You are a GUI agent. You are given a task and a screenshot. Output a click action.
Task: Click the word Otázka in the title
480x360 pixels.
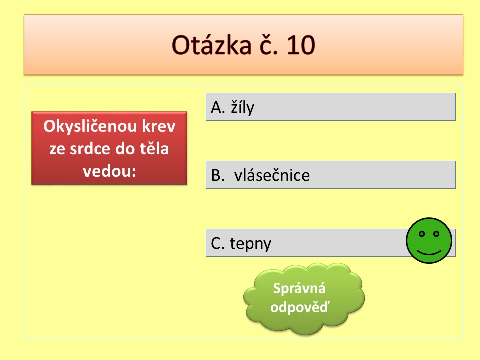pyautogui.click(x=211, y=45)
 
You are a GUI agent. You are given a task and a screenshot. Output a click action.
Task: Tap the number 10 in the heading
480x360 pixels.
pyautogui.click(x=301, y=45)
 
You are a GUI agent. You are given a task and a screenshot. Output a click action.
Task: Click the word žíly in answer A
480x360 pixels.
pyautogui.click(x=243, y=107)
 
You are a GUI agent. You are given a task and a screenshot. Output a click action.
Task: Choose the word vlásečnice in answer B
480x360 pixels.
pyautogui.click(x=272, y=175)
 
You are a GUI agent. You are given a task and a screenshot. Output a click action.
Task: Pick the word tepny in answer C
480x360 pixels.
pyautogui.click(x=250, y=244)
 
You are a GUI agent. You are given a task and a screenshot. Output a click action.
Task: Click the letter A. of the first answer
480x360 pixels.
pyautogui.click(x=218, y=107)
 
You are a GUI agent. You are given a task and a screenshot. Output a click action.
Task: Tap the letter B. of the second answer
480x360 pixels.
pyautogui.click(x=218, y=175)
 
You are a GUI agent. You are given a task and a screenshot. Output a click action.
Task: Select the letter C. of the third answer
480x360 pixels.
pyautogui.click(x=218, y=243)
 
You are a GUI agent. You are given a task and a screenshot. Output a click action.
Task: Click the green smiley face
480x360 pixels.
pyautogui.click(x=429, y=240)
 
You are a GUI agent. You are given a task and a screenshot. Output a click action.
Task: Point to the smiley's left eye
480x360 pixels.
pyautogui.click(x=422, y=234)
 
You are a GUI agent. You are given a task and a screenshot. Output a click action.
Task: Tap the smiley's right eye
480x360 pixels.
pyautogui.click(x=436, y=234)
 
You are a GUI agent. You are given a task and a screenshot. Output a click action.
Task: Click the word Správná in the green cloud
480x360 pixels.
pyautogui.click(x=299, y=288)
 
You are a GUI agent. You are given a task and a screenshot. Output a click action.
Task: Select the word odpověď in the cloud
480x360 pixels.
pyautogui.click(x=300, y=307)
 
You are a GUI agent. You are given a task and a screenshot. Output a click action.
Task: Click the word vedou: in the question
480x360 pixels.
pyautogui.click(x=109, y=171)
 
